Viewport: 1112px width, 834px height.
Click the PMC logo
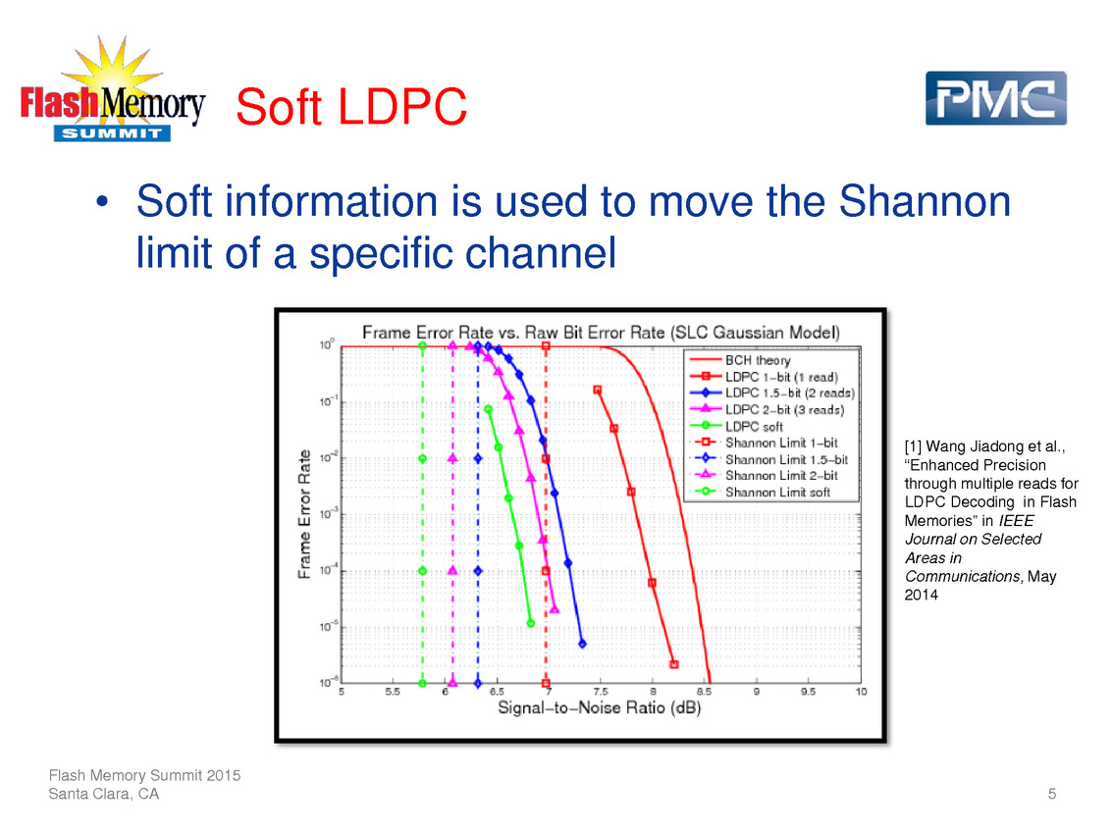pos(995,98)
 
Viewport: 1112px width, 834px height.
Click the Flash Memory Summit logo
pos(113,95)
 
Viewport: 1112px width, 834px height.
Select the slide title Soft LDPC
pos(351,109)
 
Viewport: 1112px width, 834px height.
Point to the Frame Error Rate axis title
pos(305,513)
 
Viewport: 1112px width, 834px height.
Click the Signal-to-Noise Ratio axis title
pos(599,707)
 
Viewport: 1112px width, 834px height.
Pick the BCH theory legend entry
pos(758,361)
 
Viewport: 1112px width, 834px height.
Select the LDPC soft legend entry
pos(754,426)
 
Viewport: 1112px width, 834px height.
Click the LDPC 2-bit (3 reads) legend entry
pos(784,409)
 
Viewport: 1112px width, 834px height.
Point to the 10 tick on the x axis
pos(861,692)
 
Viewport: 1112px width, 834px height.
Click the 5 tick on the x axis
pos(342,692)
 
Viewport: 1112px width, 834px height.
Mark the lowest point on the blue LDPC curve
pos(582,644)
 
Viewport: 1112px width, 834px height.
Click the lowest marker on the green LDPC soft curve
pos(530,623)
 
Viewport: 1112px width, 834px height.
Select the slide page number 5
pos(1052,794)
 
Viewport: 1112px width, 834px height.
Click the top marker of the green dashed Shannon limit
pos(422,346)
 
